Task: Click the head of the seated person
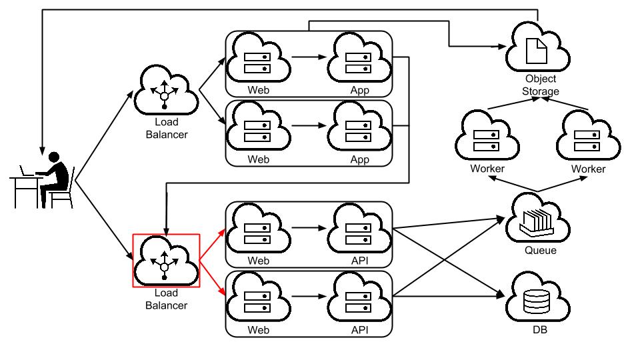[54, 157]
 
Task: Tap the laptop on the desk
[27, 171]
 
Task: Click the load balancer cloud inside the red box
[166, 261]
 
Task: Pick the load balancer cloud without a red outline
[166, 90]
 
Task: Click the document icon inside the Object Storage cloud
[536, 51]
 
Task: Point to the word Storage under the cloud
[541, 91]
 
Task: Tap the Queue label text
[541, 250]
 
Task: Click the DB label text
[539, 330]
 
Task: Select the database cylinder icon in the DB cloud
[536, 301]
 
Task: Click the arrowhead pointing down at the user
[42, 151]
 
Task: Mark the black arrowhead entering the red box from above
[166, 231]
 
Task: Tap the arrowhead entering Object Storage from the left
[502, 47]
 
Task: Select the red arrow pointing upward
[212, 244]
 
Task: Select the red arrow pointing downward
[212, 277]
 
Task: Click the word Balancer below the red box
[166, 305]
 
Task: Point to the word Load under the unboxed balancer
[167, 121]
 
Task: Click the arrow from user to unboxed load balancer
[105, 135]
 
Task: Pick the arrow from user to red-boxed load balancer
[105, 220]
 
